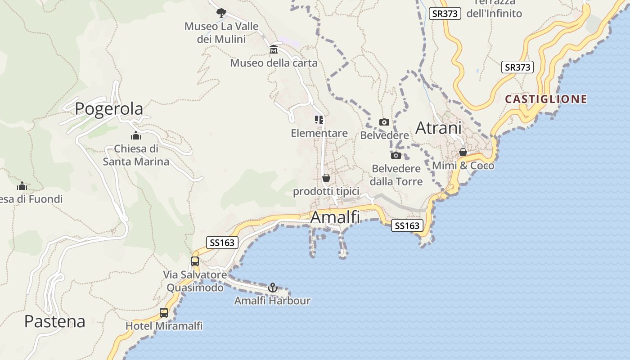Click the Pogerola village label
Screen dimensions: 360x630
click(109, 108)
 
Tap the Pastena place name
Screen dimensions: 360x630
click(54, 321)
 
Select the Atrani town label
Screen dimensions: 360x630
click(438, 128)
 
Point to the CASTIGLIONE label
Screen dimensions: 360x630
click(546, 99)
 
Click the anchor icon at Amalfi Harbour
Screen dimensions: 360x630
click(272, 287)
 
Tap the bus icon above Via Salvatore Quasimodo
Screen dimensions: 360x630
click(194, 261)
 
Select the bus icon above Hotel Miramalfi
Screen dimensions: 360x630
click(164, 312)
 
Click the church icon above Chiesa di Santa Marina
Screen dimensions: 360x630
click(136, 135)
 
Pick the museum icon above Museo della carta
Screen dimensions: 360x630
click(274, 49)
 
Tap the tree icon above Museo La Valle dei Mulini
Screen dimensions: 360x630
click(221, 13)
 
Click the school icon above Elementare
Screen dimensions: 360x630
click(319, 120)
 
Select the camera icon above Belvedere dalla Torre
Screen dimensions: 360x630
click(396, 155)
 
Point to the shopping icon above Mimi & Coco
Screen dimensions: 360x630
click(463, 152)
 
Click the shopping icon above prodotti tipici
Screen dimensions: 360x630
click(326, 178)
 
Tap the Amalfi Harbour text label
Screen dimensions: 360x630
click(272, 301)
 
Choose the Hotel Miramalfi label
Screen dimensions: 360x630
click(164, 326)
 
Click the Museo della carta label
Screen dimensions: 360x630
click(274, 63)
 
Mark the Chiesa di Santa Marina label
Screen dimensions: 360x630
click(136, 155)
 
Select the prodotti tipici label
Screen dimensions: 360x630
click(326, 192)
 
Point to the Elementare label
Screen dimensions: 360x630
click(319, 133)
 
